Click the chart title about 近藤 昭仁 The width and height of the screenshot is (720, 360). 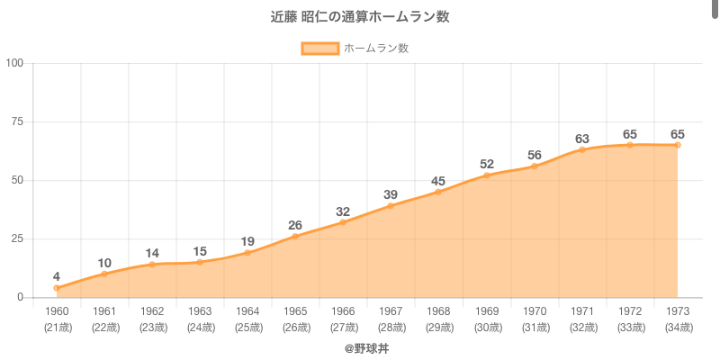click(360, 17)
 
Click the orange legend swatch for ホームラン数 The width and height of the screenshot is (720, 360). click(320, 49)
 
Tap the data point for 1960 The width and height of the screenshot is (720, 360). click(57, 288)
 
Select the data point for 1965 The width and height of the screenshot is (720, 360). click(295, 236)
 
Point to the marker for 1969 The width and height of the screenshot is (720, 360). click(487, 175)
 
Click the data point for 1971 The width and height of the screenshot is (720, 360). click(582, 149)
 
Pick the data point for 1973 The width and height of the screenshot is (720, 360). click(678, 145)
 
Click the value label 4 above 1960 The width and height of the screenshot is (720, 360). click(57, 276)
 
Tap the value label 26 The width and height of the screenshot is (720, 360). click(295, 224)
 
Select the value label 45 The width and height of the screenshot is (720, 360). click(438, 180)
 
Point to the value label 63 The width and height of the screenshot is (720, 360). click(582, 138)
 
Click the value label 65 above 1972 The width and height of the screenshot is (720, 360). click(630, 133)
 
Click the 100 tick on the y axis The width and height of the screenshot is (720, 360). click(14, 63)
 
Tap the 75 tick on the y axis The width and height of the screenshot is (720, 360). click(17, 121)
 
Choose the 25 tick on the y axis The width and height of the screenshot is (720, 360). click(17, 238)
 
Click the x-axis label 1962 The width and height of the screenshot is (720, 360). click(152, 311)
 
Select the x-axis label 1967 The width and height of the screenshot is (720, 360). click(391, 311)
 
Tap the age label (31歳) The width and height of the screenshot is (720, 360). click(535, 327)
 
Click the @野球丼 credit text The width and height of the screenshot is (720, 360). click(360, 347)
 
